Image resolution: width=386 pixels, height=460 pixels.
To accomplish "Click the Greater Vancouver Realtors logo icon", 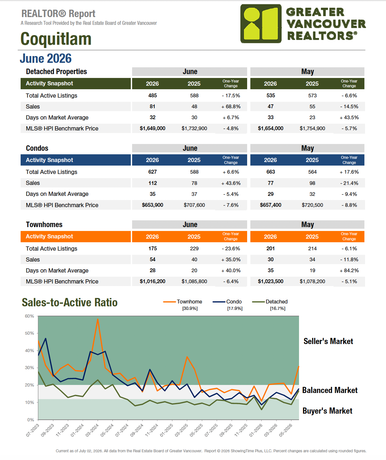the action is pyautogui.click(x=261, y=24).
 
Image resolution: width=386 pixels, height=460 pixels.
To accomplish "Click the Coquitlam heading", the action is pyautogui.click(x=56, y=39).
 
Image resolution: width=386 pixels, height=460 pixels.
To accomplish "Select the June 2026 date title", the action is pyautogui.click(x=46, y=58).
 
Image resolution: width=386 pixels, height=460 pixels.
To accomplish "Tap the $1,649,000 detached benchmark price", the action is pyautogui.click(x=152, y=129).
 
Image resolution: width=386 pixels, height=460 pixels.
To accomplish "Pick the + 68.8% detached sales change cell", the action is pyautogui.click(x=231, y=107).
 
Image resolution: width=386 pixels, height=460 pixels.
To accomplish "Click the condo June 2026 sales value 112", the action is pyautogui.click(x=152, y=183).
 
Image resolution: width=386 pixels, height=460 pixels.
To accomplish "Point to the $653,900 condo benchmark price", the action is pyautogui.click(x=152, y=205).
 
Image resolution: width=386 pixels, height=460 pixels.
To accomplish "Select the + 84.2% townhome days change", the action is pyautogui.click(x=349, y=271).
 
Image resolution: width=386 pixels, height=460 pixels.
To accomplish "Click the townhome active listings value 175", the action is pyautogui.click(x=152, y=248).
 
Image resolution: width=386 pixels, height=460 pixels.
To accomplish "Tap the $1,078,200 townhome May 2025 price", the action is pyautogui.click(x=313, y=282).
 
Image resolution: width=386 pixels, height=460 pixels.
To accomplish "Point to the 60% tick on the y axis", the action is pyautogui.click(x=29, y=316).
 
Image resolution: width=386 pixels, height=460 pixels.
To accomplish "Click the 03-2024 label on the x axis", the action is pyautogui.click(x=92, y=430).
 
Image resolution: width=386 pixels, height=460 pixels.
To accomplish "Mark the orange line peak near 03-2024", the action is pyautogui.click(x=98, y=319).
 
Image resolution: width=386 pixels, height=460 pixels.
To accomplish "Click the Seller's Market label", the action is pyautogui.click(x=328, y=341).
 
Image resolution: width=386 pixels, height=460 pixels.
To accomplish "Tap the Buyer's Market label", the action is pyautogui.click(x=327, y=411).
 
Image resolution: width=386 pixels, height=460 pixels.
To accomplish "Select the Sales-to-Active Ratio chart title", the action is pyautogui.click(x=70, y=302).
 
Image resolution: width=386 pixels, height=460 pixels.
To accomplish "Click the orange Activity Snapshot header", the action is pyautogui.click(x=49, y=236).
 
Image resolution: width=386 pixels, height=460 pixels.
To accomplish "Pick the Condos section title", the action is pyautogui.click(x=37, y=148).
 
